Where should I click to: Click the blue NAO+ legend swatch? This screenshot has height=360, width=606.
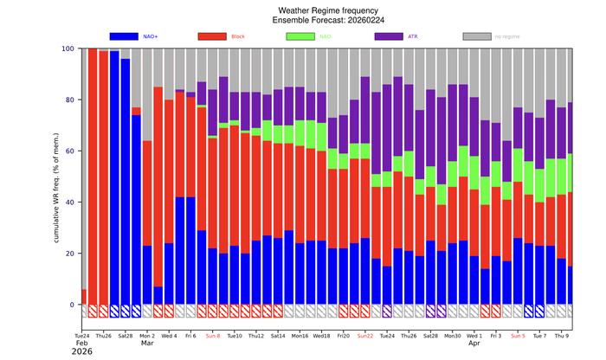click(x=136, y=36)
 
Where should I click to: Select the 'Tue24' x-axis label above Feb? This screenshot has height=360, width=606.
click(x=82, y=335)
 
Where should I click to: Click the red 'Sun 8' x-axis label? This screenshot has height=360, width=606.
click(x=213, y=335)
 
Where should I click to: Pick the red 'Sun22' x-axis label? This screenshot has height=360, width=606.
click(x=365, y=335)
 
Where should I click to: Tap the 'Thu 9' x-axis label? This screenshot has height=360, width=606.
click(x=562, y=335)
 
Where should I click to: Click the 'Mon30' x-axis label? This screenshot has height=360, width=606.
click(x=453, y=335)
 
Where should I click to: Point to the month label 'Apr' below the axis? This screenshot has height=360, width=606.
click(x=474, y=344)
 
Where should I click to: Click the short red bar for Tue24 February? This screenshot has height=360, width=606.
click(x=84, y=297)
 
